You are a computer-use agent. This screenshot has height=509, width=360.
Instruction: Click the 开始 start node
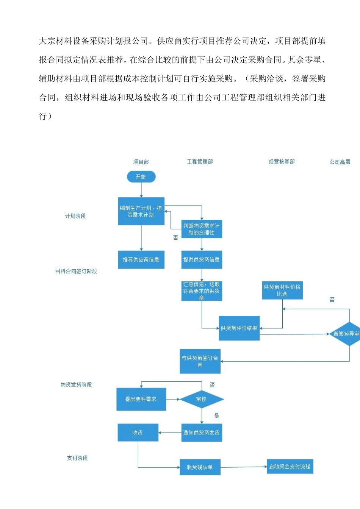[141, 176]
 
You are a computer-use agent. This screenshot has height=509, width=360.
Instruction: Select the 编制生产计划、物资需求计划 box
[141, 211]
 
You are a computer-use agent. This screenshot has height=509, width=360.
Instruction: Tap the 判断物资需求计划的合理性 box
[202, 229]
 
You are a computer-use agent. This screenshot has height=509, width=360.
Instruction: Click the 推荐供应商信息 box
[141, 260]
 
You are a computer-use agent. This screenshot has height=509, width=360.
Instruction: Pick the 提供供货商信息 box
[202, 260]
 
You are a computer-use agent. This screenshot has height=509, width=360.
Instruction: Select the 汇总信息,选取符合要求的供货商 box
[202, 291]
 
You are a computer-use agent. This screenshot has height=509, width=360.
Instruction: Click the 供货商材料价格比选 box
[282, 290]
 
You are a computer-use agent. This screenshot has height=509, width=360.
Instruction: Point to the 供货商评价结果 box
[239, 328]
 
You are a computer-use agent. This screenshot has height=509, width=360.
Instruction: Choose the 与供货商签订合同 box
[200, 361]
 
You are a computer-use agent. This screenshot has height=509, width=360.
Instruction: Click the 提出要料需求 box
[141, 399]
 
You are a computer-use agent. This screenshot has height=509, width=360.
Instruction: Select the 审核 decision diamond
[201, 399]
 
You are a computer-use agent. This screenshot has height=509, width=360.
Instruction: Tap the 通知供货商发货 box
[202, 432]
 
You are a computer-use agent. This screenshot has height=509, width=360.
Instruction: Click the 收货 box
[138, 432]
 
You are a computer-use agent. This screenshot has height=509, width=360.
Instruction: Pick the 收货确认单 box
[200, 467]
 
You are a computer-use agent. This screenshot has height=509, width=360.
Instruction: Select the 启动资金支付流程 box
[290, 467]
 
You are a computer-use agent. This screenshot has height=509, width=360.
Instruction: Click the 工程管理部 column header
[200, 162]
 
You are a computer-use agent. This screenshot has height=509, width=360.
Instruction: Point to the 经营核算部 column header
[282, 162]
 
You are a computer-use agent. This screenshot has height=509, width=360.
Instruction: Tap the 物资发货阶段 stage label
[76, 384]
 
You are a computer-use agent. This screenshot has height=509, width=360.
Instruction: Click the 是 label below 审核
[217, 415]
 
